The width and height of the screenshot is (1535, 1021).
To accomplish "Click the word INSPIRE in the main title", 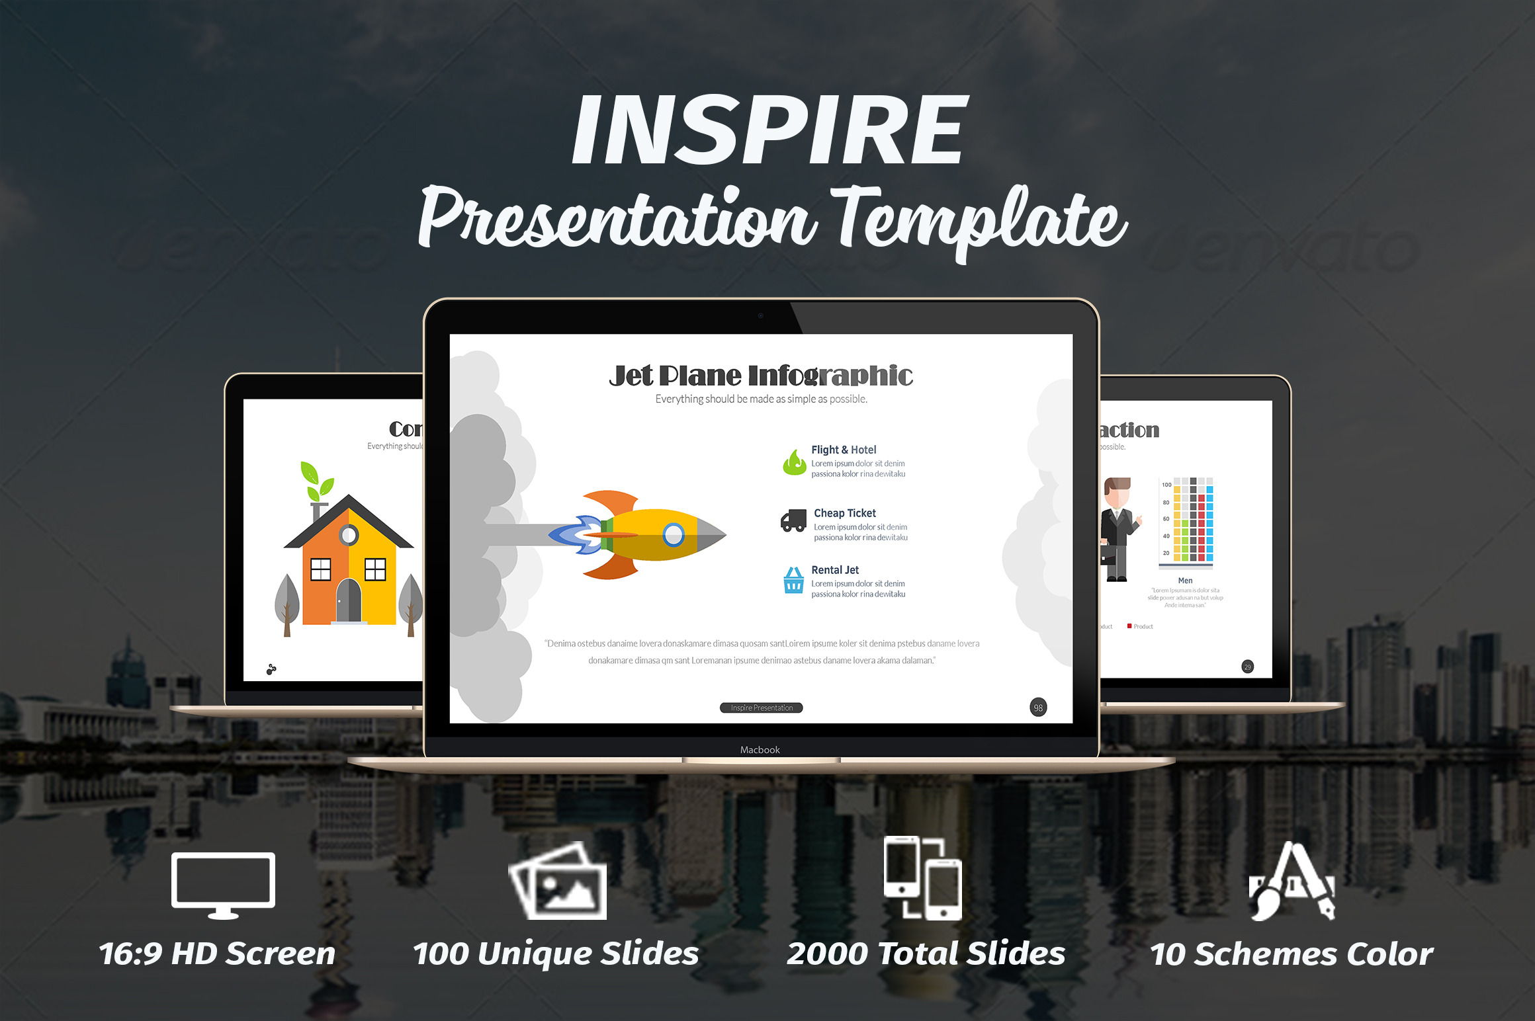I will (x=769, y=130).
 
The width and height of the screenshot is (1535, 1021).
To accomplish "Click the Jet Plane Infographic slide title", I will (x=761, y=376).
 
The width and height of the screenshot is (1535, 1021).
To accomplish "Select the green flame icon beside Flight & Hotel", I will (x=794, y=462).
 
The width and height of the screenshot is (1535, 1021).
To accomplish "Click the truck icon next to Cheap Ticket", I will (x=793, y=521).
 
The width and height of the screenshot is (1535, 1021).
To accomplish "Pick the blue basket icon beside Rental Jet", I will (x=793, y=581).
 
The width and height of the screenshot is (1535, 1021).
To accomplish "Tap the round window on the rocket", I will (x=674, y=534).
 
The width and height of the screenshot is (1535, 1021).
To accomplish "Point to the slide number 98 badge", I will (x=1038, y=708).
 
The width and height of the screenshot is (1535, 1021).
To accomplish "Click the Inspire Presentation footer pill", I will (x=761, y=708).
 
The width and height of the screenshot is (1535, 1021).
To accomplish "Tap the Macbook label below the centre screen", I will (x=760, y=750).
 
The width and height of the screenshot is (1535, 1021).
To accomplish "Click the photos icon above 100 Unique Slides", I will (x=558, y=881).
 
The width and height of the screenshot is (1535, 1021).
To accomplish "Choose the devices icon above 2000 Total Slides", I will (x=923, y=878).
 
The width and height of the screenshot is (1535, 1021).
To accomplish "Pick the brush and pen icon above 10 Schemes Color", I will (x=1292, y=881).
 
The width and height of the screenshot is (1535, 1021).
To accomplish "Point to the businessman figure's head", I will (x=1118, y=492).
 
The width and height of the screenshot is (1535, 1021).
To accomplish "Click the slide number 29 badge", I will (x=1247, y=667).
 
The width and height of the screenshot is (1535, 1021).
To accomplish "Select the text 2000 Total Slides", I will (x=926, y=954).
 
